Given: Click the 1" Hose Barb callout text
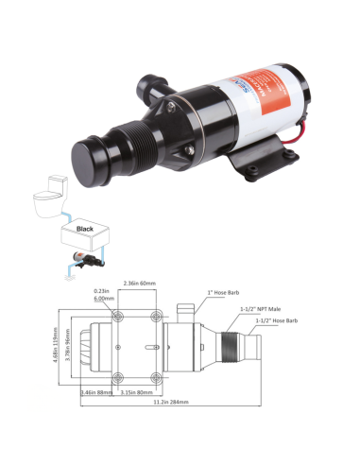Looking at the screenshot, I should pos(222,294).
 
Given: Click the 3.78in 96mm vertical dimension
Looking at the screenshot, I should pos(71,346).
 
